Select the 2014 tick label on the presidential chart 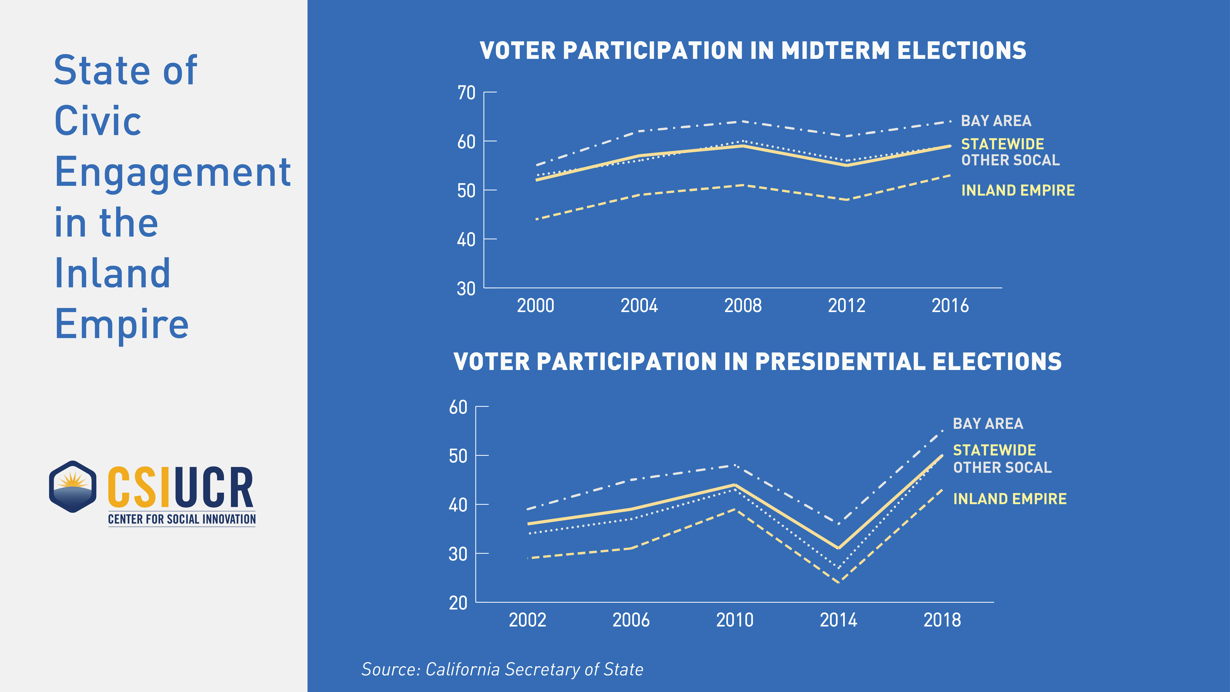click(x=839, y=620)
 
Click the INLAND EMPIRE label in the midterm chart click(x=1017, y=191)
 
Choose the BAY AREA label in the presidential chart click(x=988, y=424)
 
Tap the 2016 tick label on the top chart click(x=950, y=306)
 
